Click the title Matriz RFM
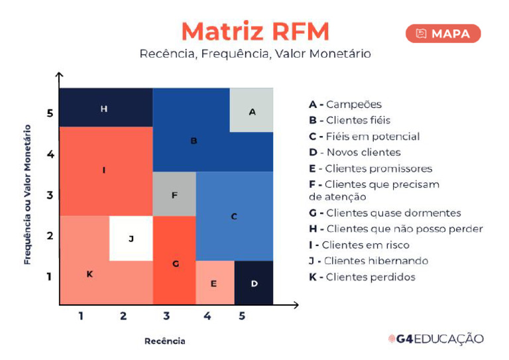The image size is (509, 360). tap(255, 31)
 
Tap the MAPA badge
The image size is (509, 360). tap(443, 34)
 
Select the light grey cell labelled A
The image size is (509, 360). tap(252, 111)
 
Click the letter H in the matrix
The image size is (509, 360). tap(104, 108)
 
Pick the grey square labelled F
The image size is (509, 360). tap(174, 195)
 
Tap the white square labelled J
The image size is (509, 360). tap(131, 238)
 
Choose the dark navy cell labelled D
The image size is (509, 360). tap(254, 283)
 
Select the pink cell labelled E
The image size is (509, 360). tap(215, 283)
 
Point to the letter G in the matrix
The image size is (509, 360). tap(176, 263)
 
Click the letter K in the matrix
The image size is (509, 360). tap(89, 274)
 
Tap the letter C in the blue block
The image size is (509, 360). tap(234, 216)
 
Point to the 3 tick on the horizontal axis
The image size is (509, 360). tap(166, 316)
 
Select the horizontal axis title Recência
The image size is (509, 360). tap(165, 341)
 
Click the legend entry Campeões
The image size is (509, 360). tap(345, 104)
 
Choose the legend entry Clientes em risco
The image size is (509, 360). tap(359, 245)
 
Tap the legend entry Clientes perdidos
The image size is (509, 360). tap(362, 277)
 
